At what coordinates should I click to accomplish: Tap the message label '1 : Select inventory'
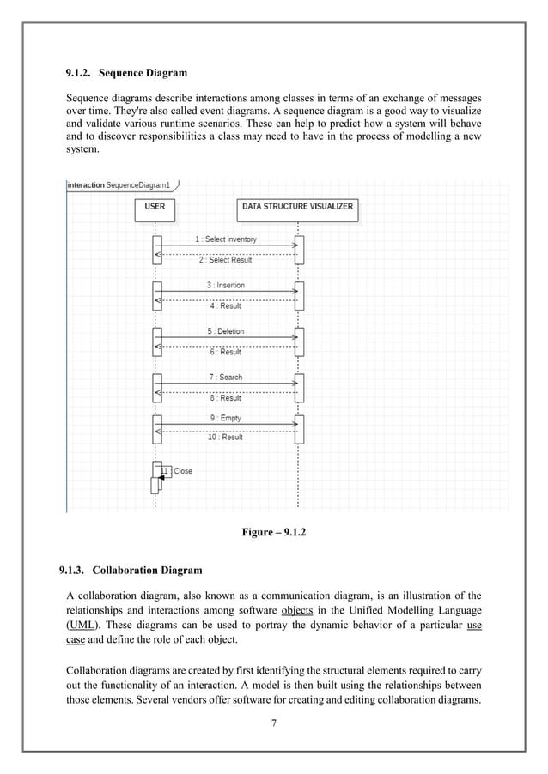pos(226,239)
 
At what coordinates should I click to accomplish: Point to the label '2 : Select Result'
pos(226,259)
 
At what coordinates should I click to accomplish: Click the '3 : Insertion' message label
pos(225,285)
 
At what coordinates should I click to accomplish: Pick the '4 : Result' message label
pos(225,305)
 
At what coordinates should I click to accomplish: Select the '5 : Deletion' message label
pos(225,331)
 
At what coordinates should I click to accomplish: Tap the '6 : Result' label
pos(225,352)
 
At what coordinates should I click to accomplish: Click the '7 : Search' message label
pos(225,378)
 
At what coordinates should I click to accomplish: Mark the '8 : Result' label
pos(225,398)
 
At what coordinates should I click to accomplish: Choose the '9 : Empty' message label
pos(225,418)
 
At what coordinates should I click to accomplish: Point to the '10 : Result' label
pos(225,438)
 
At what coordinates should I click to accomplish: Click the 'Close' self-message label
pos(183,471)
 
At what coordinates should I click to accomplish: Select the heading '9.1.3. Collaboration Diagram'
pos(131,569)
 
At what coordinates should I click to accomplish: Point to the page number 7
pos(273,723)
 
